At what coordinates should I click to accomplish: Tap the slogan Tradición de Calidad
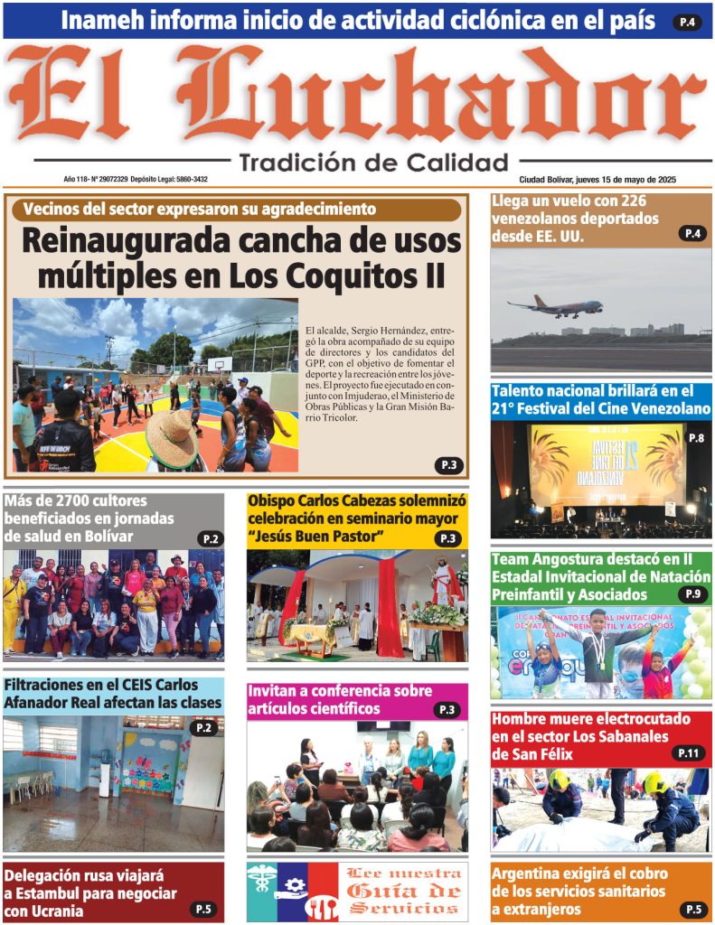[373, 163]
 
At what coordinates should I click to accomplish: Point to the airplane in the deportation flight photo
[554, 307]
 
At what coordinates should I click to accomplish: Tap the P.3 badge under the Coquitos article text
[448, 465]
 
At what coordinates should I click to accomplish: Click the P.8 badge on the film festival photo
[696, 438]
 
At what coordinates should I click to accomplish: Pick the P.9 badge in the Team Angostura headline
[692, 594]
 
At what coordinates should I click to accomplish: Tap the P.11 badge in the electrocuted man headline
[688, 753]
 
